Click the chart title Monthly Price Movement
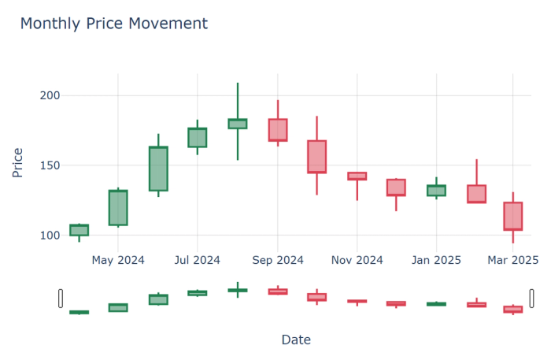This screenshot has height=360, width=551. pos(113,24)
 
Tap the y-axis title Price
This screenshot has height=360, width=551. pos(17,161)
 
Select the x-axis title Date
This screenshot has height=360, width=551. pos(296,340)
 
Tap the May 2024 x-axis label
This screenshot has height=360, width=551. pos(118,259)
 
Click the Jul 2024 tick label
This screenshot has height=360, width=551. pos(197,259)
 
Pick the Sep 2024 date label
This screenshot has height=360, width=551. pos(278,259)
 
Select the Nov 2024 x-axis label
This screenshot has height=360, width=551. pos(357,259)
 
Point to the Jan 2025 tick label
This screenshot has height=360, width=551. pos(436,259)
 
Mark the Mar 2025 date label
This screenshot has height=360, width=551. pos(512,259)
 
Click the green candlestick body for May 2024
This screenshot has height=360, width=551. pos(118,208)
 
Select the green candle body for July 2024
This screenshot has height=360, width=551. pos(197,137)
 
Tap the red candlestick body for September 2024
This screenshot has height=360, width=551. pos(278,130)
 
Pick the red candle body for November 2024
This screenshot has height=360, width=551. pos(357,176)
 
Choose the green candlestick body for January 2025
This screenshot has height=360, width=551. pos(436,191)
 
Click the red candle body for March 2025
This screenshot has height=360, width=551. pos(512,216)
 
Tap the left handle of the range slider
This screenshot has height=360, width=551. pos(60,298)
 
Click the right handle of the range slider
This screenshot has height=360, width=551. pos(531,298)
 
